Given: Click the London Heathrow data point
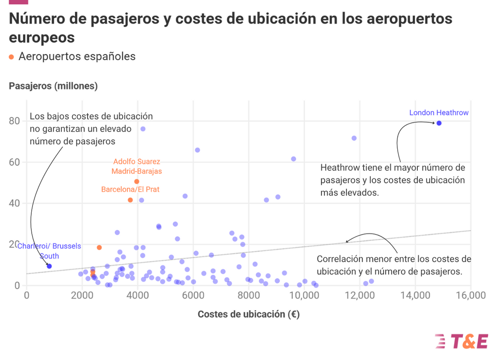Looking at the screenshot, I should coord(439,123).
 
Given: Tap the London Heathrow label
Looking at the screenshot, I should coord(439,113).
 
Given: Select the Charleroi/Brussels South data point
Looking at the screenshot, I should coord(49,266).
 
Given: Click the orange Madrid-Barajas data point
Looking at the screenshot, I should coord(136,181).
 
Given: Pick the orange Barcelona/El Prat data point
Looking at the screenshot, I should coord(130,200).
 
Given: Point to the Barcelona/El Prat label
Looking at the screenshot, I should coord(130,189).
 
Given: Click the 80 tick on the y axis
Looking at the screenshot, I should coord(15,121).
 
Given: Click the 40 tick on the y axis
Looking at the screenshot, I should coord(15,203).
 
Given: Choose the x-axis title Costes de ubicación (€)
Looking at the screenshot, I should coord(248,314).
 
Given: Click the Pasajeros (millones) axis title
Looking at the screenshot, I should coord(53,86).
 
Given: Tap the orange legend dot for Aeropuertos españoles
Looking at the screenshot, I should coord(12,57).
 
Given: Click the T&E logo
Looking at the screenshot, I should coord(461,341).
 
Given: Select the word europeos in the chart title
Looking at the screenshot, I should coord(42,37).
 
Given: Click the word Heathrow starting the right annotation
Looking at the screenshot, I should coord(339,168).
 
